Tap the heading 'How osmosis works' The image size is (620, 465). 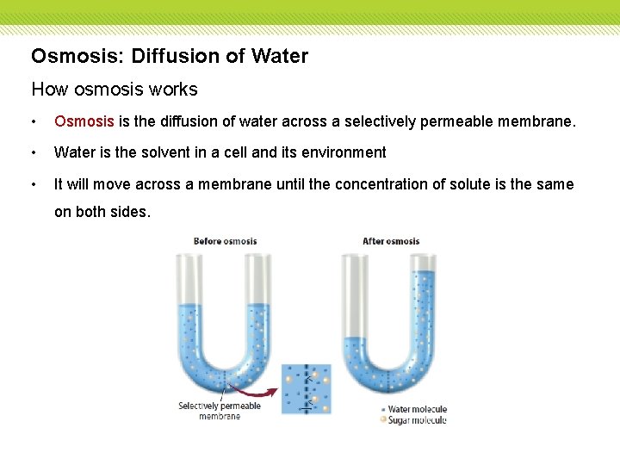pyautogui.click(x=115, y=89)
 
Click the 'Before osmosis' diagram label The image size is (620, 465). pyautogui.click(x=225, y=241)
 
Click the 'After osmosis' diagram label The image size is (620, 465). pyautogui.click(x=390, y=241)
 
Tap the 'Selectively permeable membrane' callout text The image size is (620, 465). pyautogui.click(x=220, y=411)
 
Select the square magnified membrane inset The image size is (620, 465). pyautogui.click(x=306, y=388)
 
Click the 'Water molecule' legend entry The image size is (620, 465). pyautogui.click(x=417, y=409)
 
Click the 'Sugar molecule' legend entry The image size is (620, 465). pyautogui.click(x=417, y=420)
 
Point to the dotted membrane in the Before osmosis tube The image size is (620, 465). pyautogui.click(x=224, y=380)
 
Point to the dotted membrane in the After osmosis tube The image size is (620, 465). pyautogui.click(x=390, y=380)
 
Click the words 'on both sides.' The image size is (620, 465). pyautogui.click(x=102, y=212)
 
